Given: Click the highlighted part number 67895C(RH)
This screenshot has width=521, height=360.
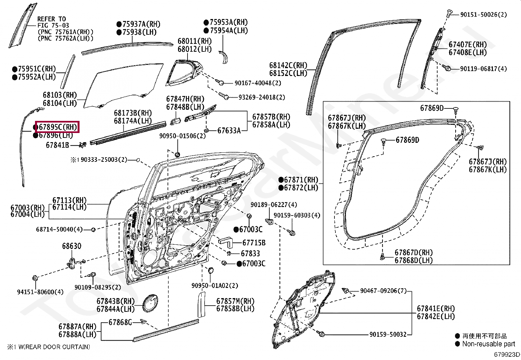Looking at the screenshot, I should (x=57, y=127).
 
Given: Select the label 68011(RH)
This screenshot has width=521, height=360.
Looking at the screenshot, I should (x=195, y=41).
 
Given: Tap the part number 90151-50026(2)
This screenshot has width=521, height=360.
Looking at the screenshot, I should (x=483, y=14).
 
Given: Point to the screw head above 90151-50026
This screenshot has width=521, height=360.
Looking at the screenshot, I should (x=450, y=14).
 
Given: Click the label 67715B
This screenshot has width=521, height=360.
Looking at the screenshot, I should (x=254, y=243).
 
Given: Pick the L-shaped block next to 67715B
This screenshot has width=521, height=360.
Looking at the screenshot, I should (x=225, y=242).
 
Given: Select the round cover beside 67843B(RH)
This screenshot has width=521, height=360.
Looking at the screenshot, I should (x=151, y=303).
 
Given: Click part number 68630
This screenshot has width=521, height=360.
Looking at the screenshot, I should (x=72, y=246).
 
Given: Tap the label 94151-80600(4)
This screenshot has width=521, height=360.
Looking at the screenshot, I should (x=40, y=292).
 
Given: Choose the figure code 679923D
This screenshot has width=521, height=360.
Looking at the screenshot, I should (x=507, y=354).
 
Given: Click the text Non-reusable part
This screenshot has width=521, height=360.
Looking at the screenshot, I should (x=489, y=344).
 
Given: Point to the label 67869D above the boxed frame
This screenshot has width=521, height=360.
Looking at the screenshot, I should (x=432, y=108).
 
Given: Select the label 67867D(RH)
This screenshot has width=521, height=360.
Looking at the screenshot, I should (x=414, y=253).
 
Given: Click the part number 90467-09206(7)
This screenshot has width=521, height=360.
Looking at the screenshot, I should (x=383, y=291).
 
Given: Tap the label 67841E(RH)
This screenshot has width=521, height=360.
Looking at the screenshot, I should (x=436, y=309).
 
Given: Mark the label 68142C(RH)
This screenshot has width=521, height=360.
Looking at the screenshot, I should (x=288, y=66).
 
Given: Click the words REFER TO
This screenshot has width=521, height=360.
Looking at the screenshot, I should (x=51, y=19).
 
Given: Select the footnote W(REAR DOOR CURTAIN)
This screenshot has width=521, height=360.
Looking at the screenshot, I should (x=54, y=347).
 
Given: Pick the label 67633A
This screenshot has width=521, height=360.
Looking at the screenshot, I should (x=229, y=131).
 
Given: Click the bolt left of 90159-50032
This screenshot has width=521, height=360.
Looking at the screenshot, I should (x=322, y=334).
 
